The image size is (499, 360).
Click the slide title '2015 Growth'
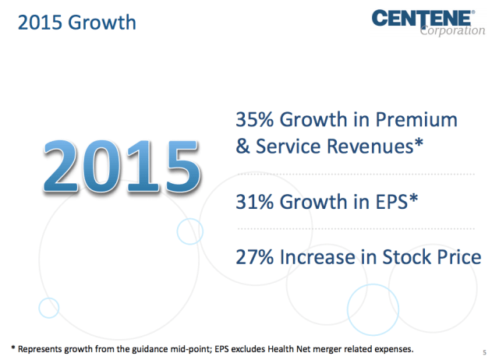pyautogui.click(x=76, y=22)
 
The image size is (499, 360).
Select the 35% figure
pyautogui.click(x=254, y=121)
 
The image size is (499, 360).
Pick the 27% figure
pyautogui.click(x=254, y=257)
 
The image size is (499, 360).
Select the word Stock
pyautogui.click(x=391, y=257)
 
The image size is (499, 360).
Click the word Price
pyautogui.click(x=451, y=257)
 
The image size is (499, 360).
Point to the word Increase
pyautogui.click(x=319, y=257)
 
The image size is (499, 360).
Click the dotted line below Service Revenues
pyautogui.click(x=355, y=173)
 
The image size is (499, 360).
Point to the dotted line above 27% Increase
pyautogui.click(x=355, y=229)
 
